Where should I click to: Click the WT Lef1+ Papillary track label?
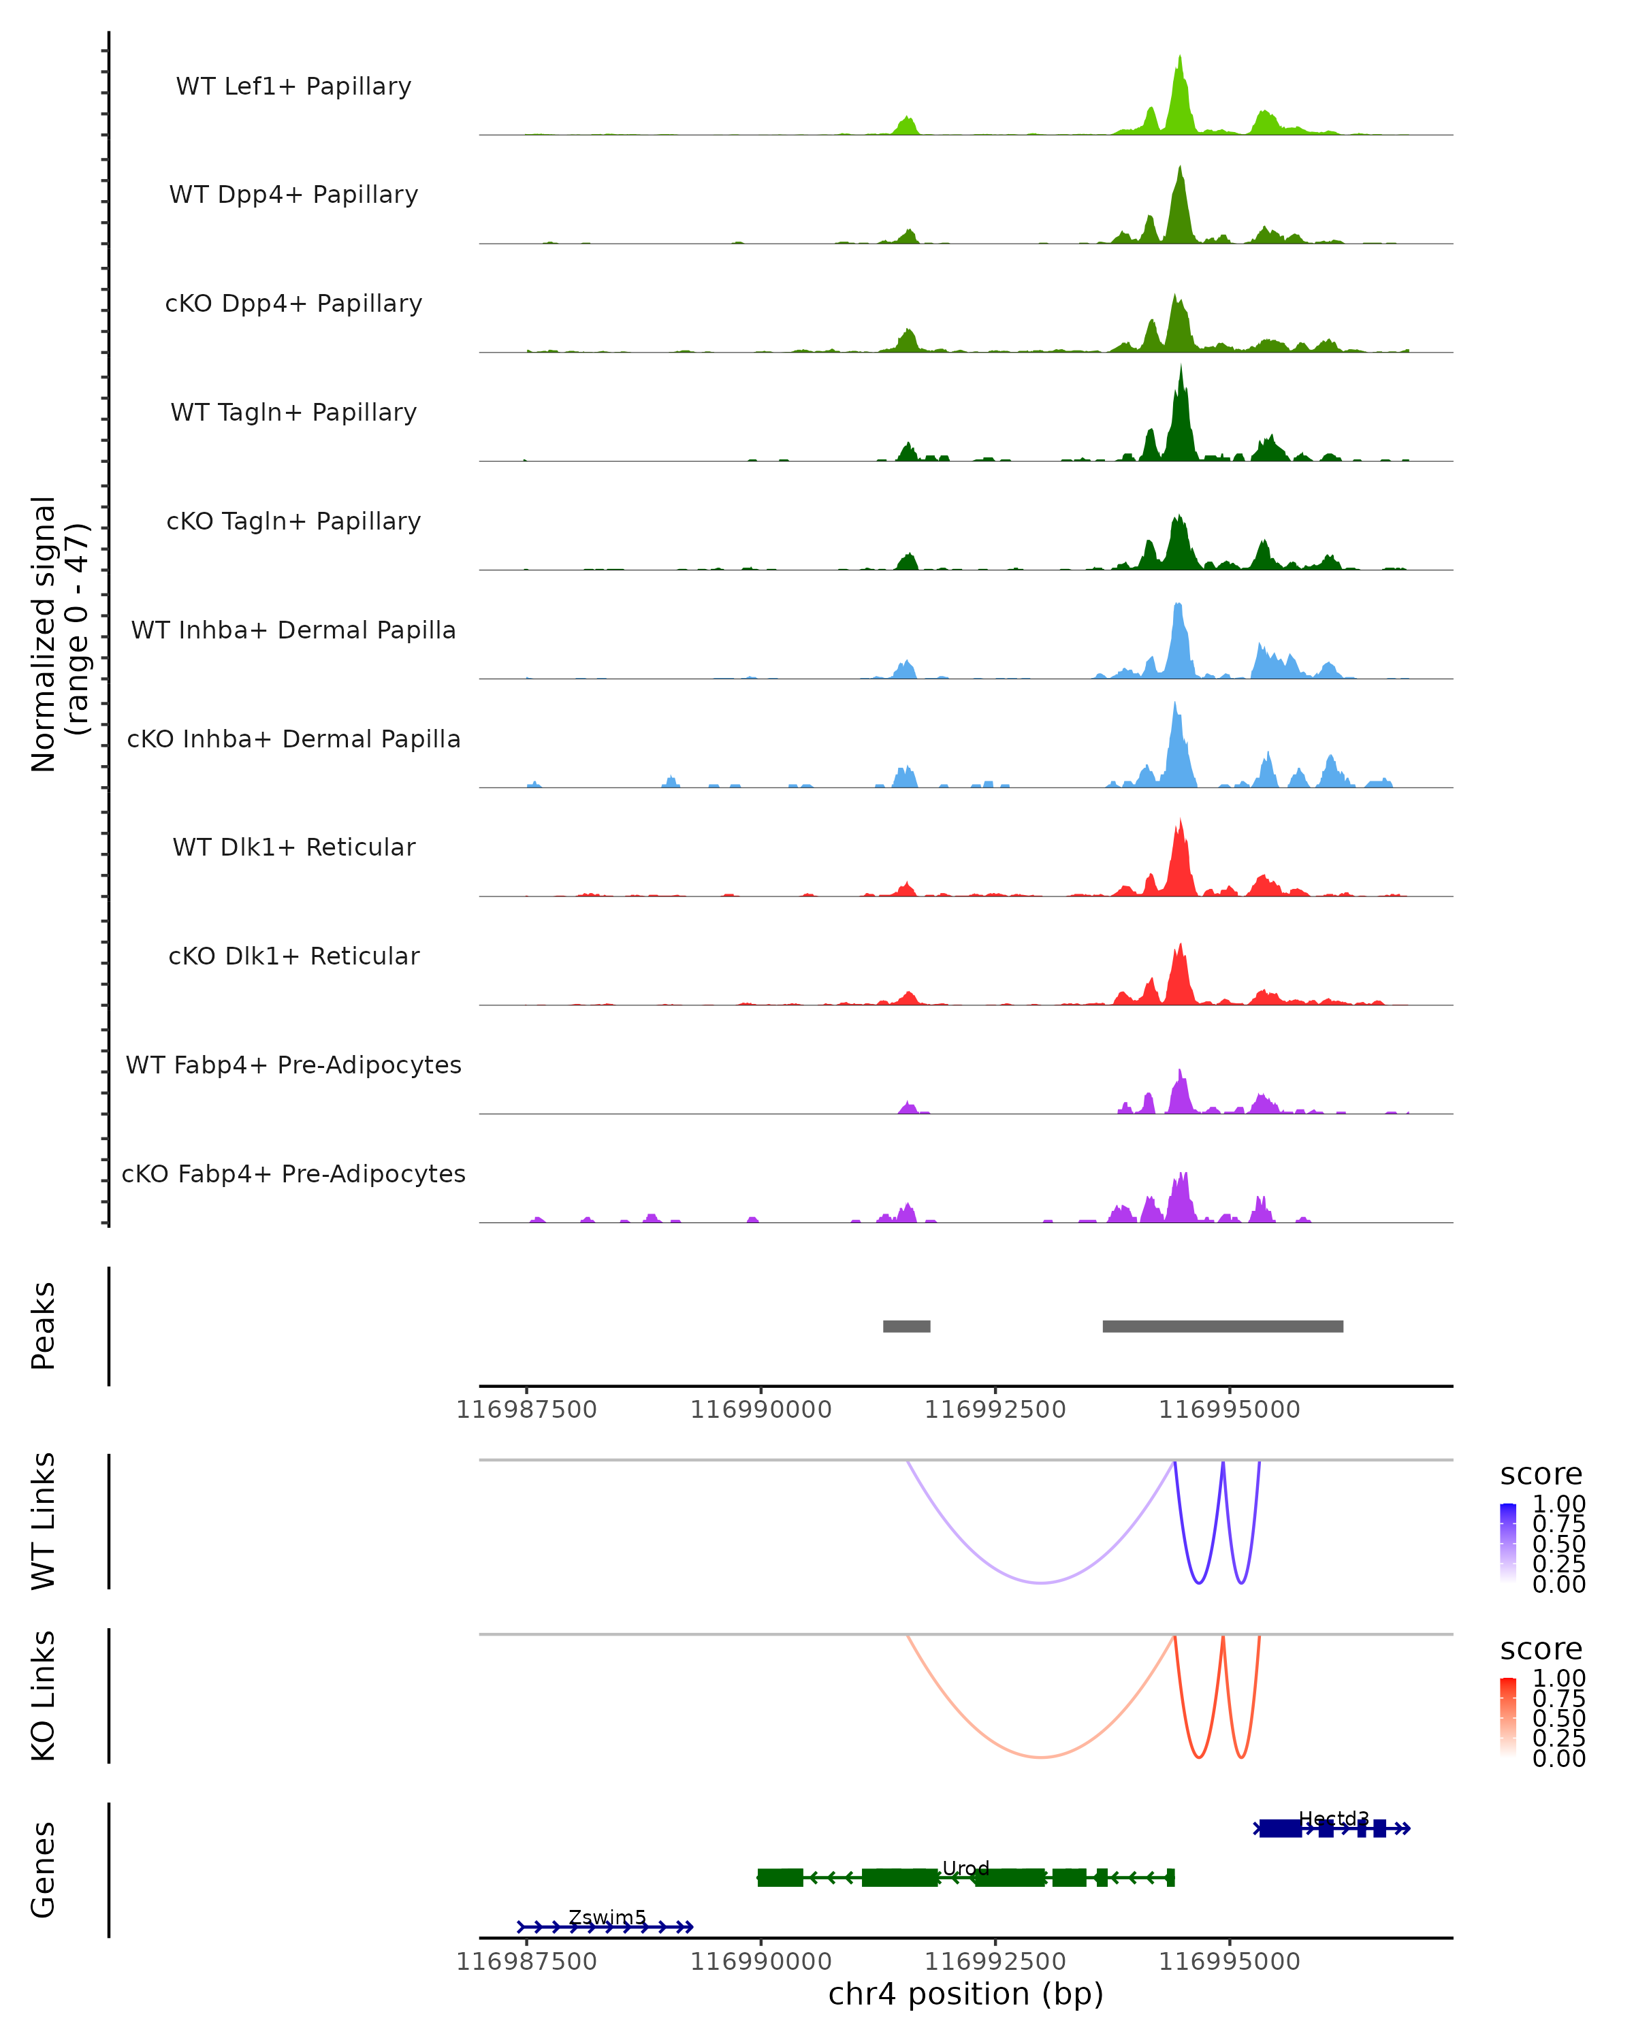(293, 86)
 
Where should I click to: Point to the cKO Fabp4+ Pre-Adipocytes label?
(293, 1173)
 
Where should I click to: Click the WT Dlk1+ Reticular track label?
(293, 847)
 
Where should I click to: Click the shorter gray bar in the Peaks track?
(906, 1326)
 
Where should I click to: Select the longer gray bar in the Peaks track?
(1222, 1326)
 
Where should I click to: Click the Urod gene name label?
(965, 1868)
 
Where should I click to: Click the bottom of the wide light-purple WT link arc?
(1041, 1583)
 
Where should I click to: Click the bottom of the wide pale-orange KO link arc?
(1041, 1757)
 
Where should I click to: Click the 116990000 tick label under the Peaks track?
(760, 1410)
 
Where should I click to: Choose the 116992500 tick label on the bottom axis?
(995, 1962)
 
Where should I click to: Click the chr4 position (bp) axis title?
(965, 1994)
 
